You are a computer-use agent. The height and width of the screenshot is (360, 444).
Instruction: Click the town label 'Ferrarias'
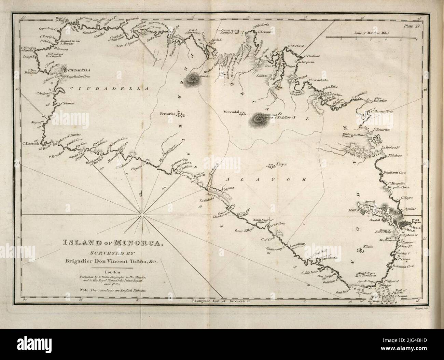pos(168,114)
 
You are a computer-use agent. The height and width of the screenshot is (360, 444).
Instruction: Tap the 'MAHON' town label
pos(353,211)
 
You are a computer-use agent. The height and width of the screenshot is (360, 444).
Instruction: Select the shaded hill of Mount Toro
pos(257,119)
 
